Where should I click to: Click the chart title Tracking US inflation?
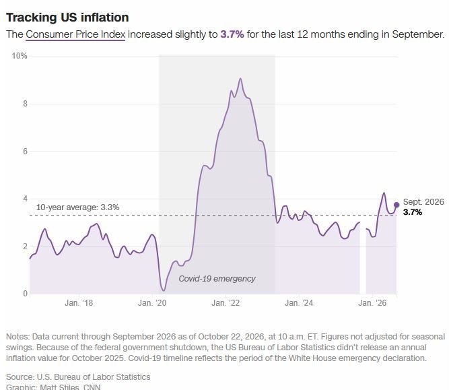pos(67,18)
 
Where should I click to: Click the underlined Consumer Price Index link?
pos(75,34)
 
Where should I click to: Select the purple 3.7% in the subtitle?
pos(232,34)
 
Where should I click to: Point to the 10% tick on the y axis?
pos(20,56)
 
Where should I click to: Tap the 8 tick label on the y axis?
pos(25,104)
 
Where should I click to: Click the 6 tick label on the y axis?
pos(25,152)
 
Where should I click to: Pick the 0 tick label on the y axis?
pos(25,294)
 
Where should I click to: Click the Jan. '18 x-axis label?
pos(79,303)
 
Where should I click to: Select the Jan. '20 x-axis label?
pos(152,303)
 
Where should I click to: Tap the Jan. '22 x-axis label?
pos(226,303)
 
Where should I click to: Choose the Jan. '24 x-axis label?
pos(299,303)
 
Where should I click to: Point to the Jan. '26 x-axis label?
pos(372,303)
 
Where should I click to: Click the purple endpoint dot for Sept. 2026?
pos(396,205)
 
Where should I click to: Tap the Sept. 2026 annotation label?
pos(423,201)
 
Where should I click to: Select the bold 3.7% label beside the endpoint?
pos(413,212)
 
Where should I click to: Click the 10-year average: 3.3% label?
pos(78,207)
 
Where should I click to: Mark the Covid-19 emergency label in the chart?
pos(217,279)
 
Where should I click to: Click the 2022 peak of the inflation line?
pos(240,78)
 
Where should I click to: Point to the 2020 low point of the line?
pos(164,290)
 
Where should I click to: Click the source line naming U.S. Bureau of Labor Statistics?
pos(78,377)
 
